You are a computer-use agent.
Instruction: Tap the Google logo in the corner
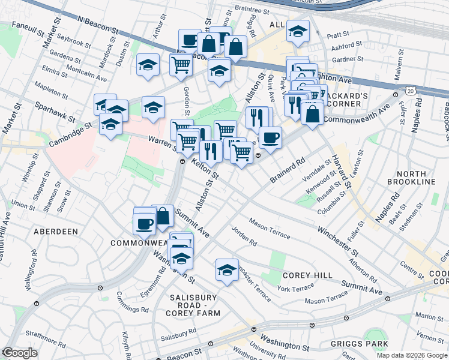[x=20, y=353]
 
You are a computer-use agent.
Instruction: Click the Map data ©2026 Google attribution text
[x=412, y=355]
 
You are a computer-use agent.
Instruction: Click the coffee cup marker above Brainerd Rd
[x=270, y=137]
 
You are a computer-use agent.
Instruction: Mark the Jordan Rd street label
[x=244, y=235]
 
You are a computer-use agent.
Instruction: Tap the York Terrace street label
[x=295, y=289]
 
